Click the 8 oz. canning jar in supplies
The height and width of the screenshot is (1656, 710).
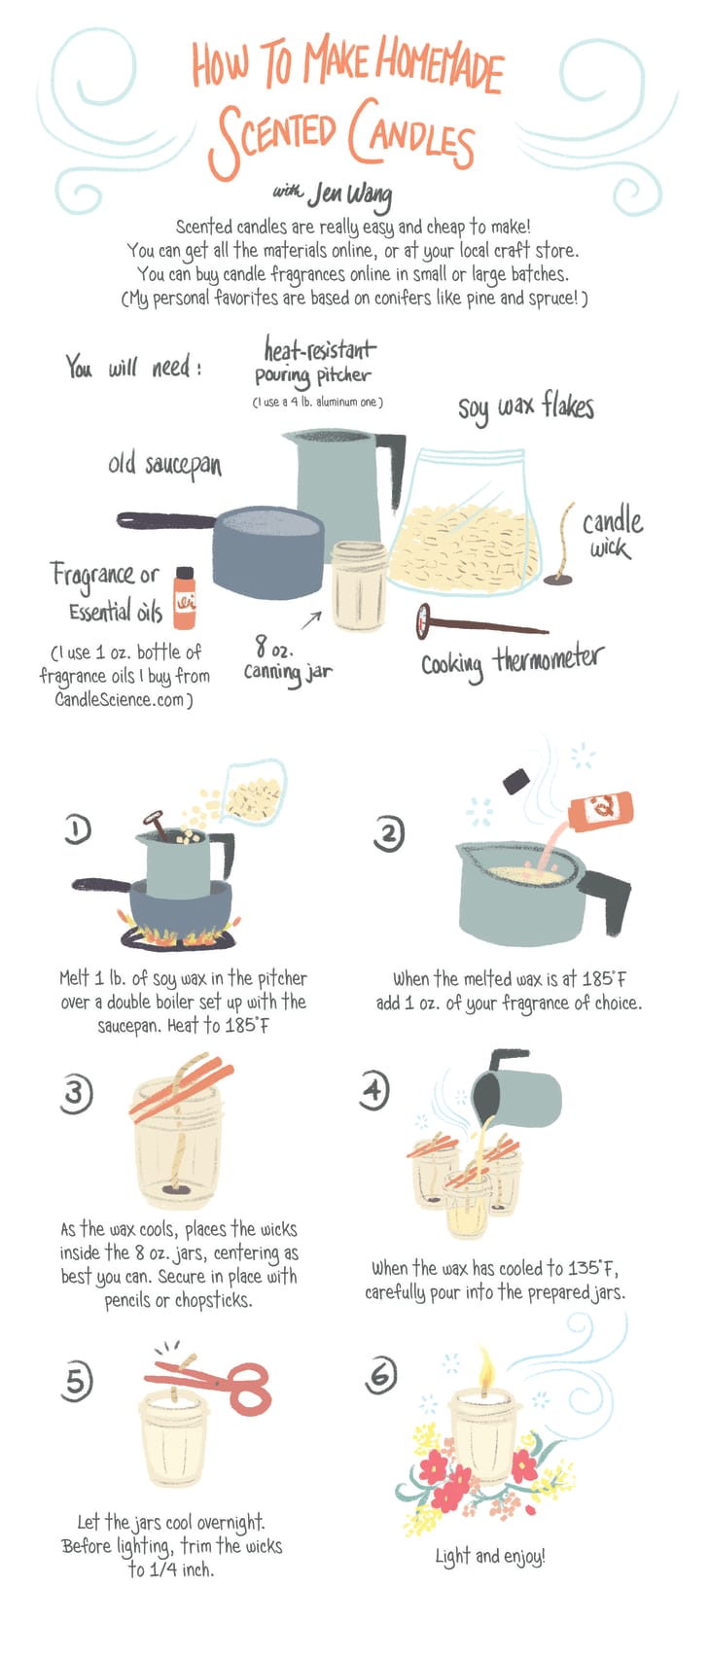359,586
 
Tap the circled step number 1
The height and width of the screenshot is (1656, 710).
78,828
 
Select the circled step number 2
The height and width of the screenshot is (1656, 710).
389,833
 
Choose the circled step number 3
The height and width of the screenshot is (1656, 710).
75,1093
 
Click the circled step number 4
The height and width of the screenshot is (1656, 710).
374,1090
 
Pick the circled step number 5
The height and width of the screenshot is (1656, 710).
77,1380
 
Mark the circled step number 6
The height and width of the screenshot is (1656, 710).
381,1375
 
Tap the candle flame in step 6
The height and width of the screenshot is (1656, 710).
485,1370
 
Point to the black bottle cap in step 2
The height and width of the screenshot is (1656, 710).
515,781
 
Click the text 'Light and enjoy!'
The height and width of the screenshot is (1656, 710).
489,1557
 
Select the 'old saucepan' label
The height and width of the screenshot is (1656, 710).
164,465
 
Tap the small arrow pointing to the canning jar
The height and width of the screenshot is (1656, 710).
311,620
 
